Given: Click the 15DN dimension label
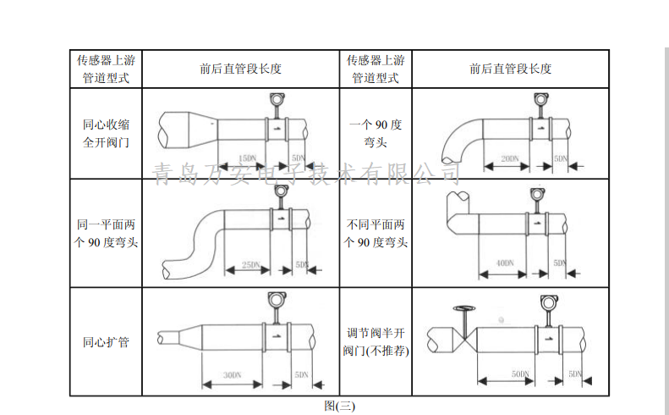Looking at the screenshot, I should [246, 158].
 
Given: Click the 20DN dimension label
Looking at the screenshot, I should [509, 158].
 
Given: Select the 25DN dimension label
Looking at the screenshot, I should [250, 265].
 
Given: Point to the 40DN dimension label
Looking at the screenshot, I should [505, 264].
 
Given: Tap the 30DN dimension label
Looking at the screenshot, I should [232, 374].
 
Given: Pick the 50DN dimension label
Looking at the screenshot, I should [520, 373].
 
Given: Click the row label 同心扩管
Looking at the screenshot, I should [106, 342].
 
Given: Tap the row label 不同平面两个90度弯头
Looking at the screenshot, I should [376, 234].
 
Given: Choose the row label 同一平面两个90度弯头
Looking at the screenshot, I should [106, 234].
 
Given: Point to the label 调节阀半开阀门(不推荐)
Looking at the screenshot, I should [376, 341].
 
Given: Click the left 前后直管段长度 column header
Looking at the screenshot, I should [240, 69].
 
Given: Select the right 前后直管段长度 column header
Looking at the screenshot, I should [510, 69].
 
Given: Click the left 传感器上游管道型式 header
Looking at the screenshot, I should [106, 69].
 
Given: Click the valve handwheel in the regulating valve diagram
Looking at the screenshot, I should [463, 308].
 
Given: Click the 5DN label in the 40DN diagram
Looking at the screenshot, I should [559, 264].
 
